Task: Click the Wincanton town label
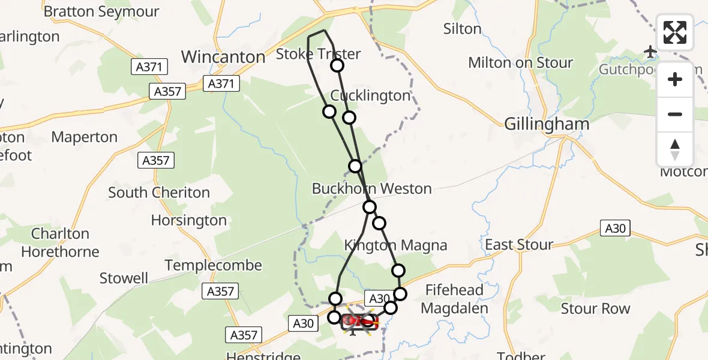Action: click(223, 57)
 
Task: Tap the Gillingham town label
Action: click(547, 124)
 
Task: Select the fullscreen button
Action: click(675, 32)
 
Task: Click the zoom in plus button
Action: click(675, 79)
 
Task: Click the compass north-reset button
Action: click(675, 149)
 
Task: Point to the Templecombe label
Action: click(214, 265)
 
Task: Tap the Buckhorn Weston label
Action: click(371, 188)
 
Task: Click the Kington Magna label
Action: click(395, 245)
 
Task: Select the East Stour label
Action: click(519, 244)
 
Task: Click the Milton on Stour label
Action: click(520, 62)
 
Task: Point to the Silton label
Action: click(462, 29)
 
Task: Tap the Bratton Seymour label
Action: click(101, 11)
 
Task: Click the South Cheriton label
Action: click(159, 193)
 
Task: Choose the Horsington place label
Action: click(188, 220)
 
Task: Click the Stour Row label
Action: click(595, 308)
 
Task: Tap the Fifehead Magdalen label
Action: click(454, 299)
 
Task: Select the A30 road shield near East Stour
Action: click(615, 228)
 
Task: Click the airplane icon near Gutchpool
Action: click(650, 52)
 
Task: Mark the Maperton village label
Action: click(85, 137)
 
